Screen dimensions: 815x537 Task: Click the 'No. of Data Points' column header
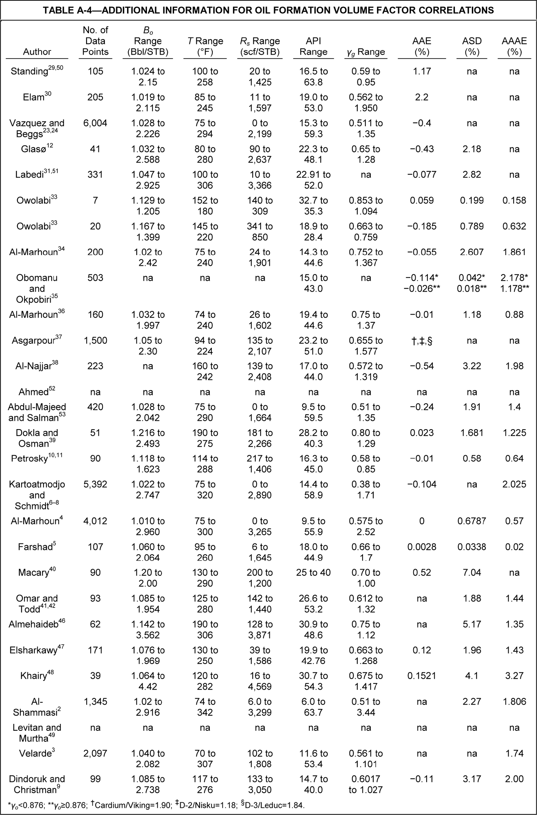95,41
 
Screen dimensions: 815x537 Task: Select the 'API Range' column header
313,46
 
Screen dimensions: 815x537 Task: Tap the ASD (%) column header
472,46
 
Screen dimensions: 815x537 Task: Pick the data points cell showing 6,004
95,123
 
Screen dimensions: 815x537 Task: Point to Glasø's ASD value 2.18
472,149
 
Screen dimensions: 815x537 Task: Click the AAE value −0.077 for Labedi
422,175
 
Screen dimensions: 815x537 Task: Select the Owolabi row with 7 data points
37,200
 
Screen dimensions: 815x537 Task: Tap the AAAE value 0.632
514,226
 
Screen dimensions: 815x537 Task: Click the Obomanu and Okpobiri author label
37,288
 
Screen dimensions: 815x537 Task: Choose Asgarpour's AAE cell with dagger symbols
422,341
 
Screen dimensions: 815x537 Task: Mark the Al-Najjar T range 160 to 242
205,372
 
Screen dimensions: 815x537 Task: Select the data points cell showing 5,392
95,484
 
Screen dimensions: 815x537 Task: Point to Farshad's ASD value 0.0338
472,547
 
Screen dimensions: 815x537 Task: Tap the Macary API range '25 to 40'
313,573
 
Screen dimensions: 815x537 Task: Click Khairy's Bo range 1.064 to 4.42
148,681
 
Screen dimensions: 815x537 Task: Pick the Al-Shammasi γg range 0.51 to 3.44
366,707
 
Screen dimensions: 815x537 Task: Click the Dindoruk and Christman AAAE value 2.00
514,779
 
